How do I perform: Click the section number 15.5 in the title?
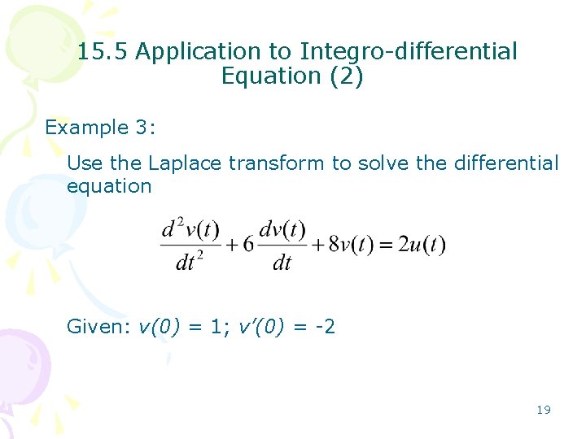(x=103, y=52)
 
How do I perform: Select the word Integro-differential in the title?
(x=409, y=52)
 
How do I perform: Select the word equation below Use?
(x=109, y=186)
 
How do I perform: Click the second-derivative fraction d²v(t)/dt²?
(x=190, y=245)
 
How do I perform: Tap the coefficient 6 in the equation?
(x=248, y=244)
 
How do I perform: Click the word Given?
(x=98, y=328)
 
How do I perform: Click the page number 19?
(x=544, y=410)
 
